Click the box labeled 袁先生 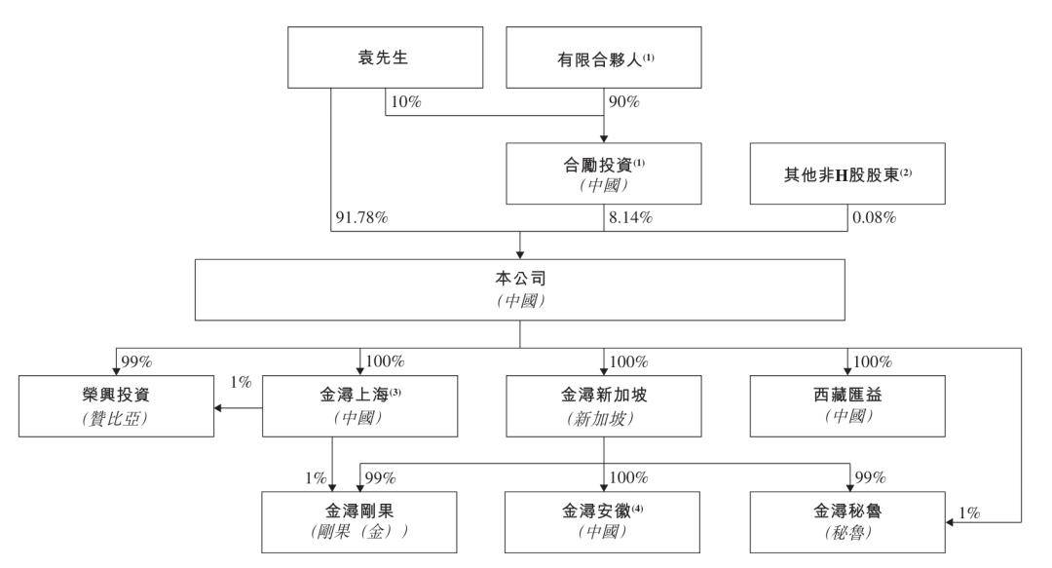385,57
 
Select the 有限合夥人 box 604,57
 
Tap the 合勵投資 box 604,173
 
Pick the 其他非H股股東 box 847,173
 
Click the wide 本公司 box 520,290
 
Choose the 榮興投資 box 116,406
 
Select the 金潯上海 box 359,406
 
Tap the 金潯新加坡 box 604,406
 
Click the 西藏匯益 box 847,406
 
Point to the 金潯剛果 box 359,522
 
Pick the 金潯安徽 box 603,522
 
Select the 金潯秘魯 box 847,522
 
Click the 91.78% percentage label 361,217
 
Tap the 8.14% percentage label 630,217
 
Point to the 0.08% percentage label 874,217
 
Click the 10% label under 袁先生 406,102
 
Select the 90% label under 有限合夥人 624,102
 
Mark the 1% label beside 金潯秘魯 969,512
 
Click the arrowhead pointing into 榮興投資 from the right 218,408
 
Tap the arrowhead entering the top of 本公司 520,255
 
